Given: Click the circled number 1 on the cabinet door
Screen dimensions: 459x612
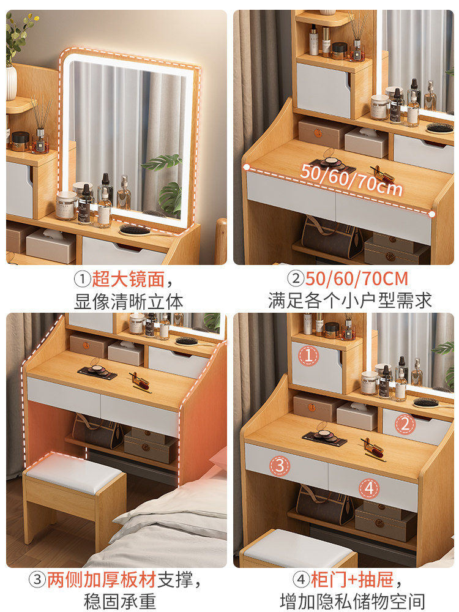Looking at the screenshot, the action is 308,356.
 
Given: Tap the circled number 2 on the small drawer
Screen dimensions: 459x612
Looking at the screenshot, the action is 405,424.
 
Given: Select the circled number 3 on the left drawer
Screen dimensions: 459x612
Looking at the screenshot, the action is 280,465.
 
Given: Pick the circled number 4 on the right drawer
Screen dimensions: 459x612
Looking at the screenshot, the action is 369,488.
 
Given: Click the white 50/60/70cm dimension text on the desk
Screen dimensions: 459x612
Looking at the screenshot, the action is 351,179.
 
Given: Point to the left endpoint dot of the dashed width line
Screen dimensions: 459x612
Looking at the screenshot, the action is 247,167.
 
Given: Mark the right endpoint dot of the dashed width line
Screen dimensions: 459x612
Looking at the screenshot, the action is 431,214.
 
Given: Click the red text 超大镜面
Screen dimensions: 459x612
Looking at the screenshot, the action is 128,279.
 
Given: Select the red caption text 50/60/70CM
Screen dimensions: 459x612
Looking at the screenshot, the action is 356,278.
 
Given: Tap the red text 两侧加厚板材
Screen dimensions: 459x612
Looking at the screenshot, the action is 102,580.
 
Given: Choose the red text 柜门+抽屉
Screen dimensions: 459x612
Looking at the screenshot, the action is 352,580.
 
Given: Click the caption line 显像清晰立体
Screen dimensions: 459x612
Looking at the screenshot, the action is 129,302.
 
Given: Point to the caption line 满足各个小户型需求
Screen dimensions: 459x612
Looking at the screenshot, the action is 349,301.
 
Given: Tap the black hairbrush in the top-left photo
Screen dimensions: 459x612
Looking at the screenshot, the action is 135,229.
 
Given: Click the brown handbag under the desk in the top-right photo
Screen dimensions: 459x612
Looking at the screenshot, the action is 331,237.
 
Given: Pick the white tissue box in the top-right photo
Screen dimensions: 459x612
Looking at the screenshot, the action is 366,143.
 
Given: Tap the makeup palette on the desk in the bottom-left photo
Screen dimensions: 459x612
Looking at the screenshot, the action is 97,371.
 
